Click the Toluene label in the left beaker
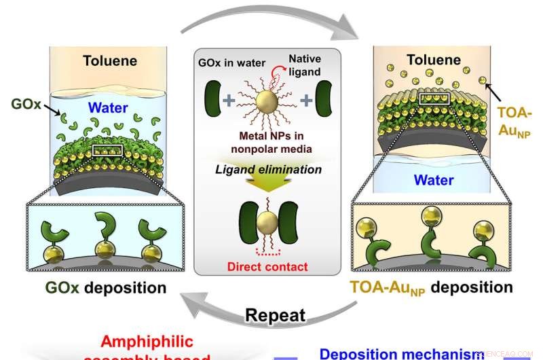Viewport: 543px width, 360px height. point(109,61)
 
